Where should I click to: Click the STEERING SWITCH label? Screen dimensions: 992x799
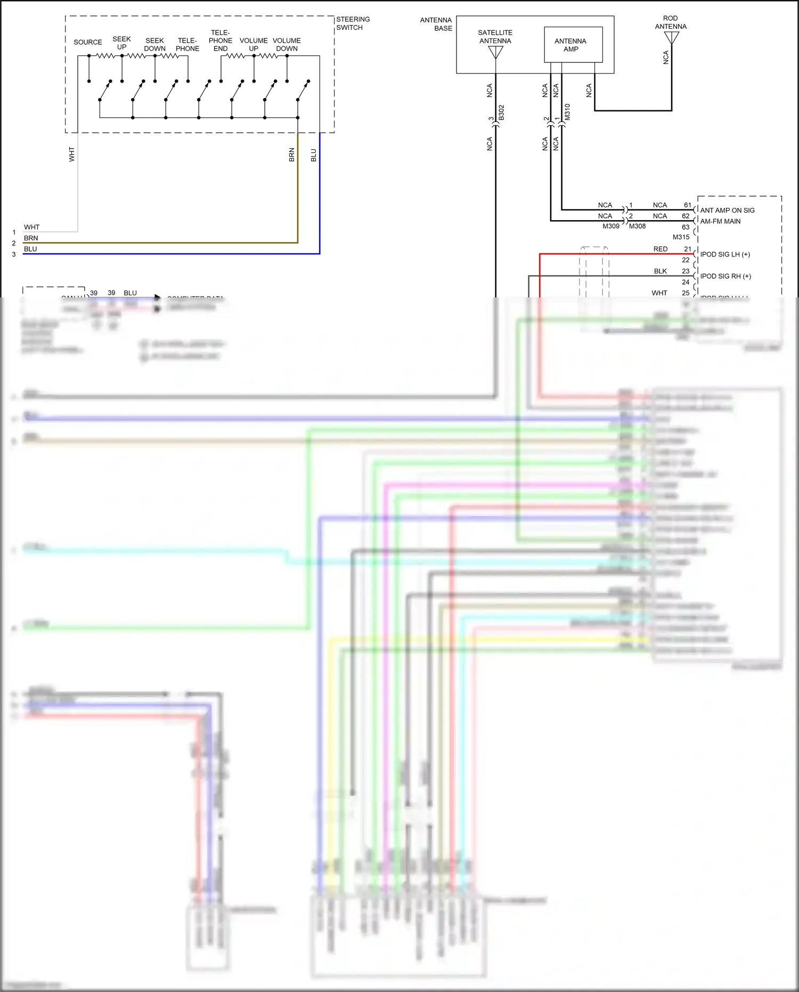(353, 23)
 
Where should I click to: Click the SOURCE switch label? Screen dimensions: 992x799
(88, 42)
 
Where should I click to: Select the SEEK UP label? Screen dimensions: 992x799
(121, 43)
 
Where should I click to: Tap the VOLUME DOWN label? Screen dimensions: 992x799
(287, 44)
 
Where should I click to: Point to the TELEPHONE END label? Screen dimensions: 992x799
(221, 41)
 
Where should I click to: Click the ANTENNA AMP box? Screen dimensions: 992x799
(573, 45)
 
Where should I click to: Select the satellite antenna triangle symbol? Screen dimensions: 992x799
(495, 52)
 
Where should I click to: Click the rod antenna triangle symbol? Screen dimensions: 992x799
(672, 37)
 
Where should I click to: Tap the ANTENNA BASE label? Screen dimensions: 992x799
(436, 24)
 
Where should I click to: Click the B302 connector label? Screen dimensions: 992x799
(501, 112)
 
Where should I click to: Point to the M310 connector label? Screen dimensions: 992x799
(567, 111)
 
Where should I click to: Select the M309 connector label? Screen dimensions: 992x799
(611, 226)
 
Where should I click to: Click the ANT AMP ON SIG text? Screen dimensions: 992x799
(727, 210)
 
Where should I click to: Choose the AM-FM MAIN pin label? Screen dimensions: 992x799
(720, 221)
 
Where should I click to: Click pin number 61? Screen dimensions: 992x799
(688, 205)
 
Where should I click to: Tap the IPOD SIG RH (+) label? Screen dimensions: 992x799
(725, 276)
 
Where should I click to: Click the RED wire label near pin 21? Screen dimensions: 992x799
(660, 249)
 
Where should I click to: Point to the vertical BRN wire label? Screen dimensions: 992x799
(291, 155)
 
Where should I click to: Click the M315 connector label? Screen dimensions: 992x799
(681, 237)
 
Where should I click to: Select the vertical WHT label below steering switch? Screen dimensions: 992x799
(72, 155)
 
